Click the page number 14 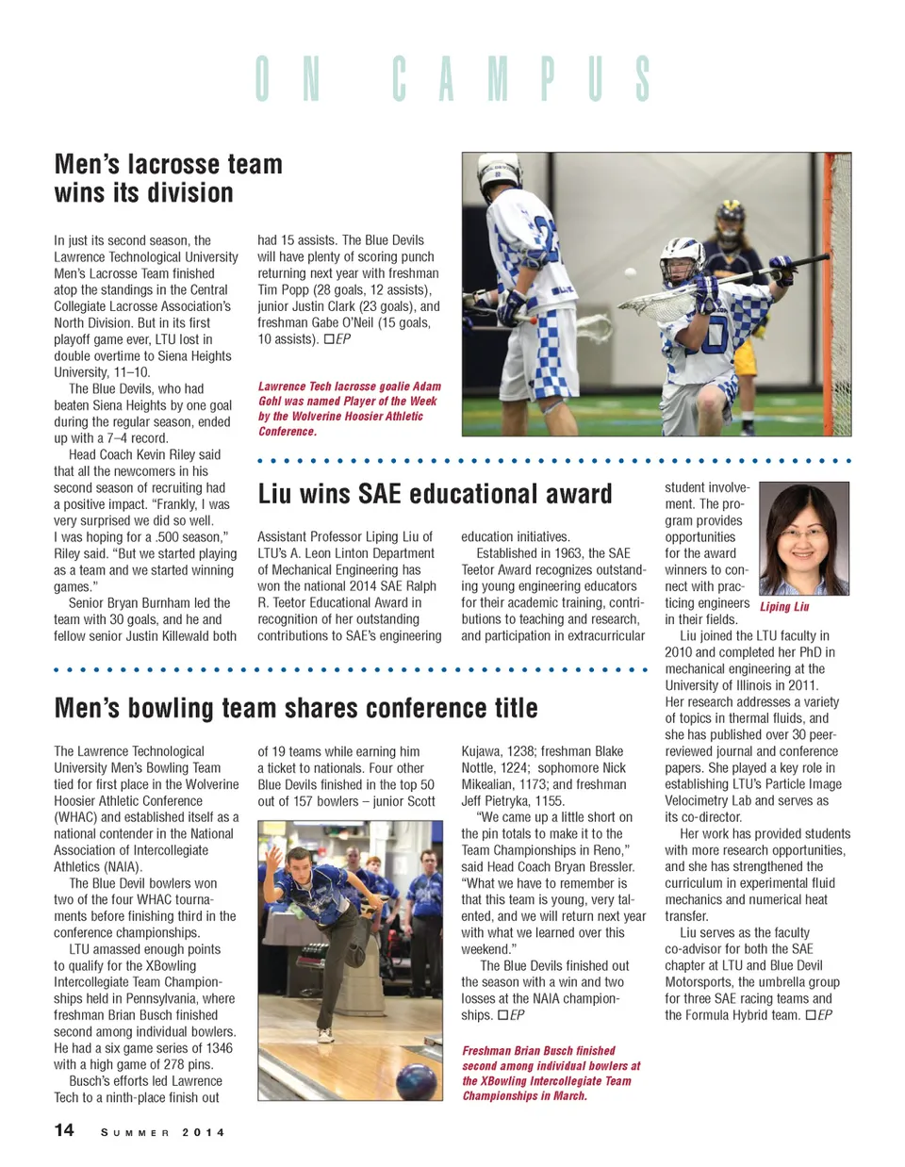[64, 1130]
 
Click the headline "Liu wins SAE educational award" [435, 494]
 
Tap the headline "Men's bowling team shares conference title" [296, 708]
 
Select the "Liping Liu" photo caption [784, 607]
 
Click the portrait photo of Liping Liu [803, 538]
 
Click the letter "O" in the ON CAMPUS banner [262, 79]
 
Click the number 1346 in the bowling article [215, 1048]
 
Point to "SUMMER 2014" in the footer [163, 1132]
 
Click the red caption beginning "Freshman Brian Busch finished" [551, 1073]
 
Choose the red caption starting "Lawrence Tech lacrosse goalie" [350, 408]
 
